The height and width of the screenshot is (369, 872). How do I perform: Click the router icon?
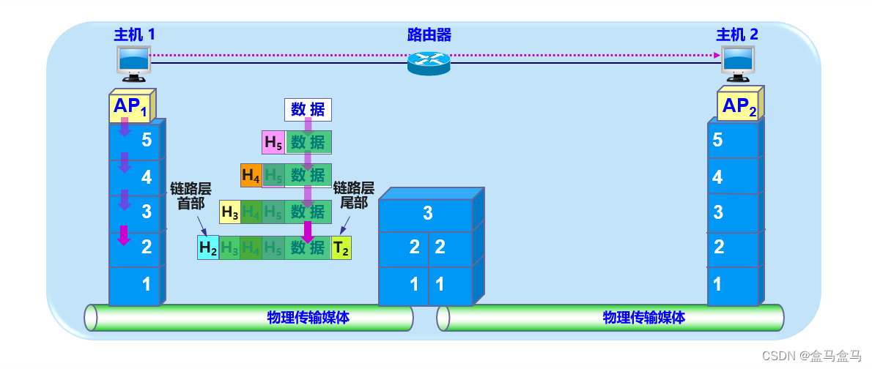tap(429, 62)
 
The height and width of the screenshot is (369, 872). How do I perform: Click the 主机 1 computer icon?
tap(133, 63)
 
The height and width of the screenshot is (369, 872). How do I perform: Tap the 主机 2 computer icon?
tap(737, 63)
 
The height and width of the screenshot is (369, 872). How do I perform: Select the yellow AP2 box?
tap(739, 107)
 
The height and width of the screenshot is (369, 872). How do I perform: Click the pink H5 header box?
tap(273, 143)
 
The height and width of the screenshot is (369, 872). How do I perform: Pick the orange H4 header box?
tap(251, 176)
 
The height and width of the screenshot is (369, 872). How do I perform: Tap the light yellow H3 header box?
tap(230, 212)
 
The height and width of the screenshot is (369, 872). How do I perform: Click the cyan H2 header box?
tap(208, 248)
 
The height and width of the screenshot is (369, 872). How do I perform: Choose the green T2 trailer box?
tap(341, 248)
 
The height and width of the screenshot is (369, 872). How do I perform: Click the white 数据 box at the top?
tap(308, 110)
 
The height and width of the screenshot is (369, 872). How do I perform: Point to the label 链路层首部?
tap(191, 195)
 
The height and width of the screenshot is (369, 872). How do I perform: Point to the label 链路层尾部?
tap(354, 195)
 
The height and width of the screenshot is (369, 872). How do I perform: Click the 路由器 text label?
tap(429, 34)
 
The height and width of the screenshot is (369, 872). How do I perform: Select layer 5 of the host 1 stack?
tap(136, 140)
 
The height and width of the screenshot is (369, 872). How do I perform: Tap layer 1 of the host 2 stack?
tap(732, 284)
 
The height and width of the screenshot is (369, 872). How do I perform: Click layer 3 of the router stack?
tap(427, 214)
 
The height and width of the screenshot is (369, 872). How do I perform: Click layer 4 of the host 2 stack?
tap(732, 176)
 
